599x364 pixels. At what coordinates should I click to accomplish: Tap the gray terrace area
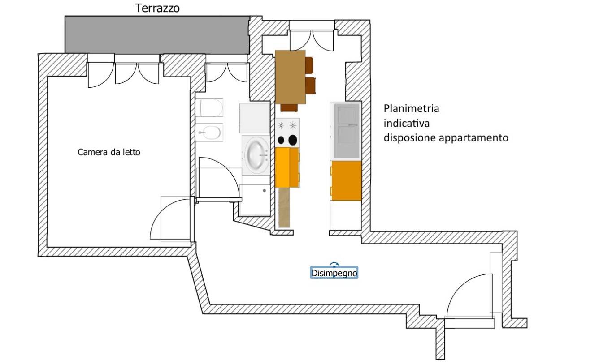(157, 34)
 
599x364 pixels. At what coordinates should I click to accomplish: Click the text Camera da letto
(109, 152)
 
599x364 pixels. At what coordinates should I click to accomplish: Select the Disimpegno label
(334, 273)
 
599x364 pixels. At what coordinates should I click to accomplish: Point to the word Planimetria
(411, 108)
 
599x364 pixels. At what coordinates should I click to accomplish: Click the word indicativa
(407, 123)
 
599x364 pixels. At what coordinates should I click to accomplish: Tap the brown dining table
(290, 77)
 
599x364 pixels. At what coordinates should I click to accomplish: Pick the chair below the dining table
(289, 107)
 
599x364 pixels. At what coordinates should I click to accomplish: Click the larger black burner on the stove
(293, 140)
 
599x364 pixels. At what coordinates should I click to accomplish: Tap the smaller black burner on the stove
(281, 140)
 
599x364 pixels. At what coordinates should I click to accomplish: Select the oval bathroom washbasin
(257, 154)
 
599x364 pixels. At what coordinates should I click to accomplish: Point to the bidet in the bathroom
(209, 132)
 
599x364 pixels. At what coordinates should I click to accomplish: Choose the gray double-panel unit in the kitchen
(346, 130)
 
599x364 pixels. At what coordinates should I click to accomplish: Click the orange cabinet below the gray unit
(346, 180)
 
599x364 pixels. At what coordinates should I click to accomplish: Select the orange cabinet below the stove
(287, 167)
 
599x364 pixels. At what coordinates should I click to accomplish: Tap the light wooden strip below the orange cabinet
(284, 207)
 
